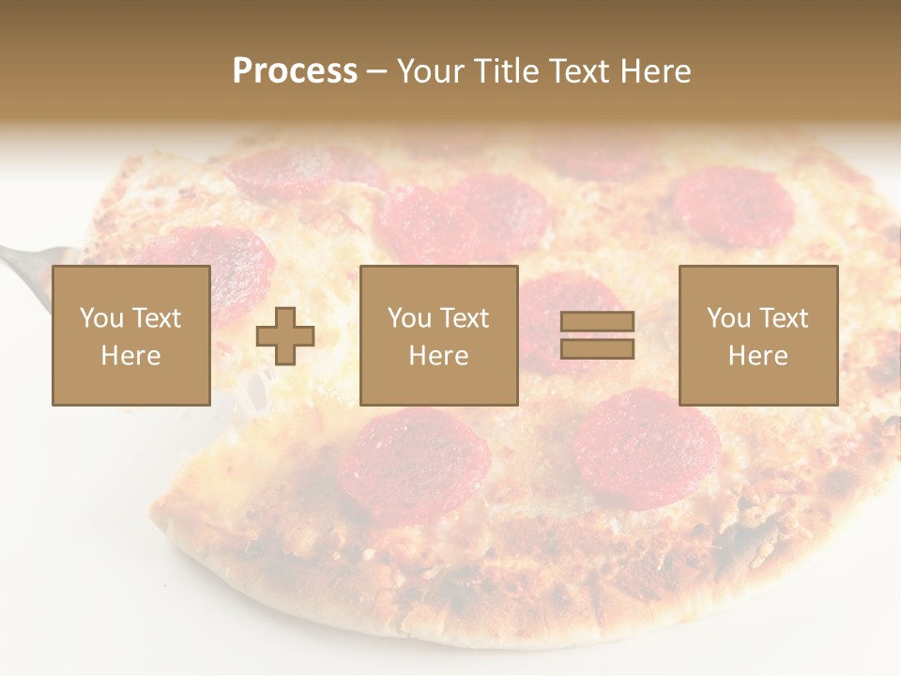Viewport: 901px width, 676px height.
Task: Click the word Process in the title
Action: click(x=295, y=71)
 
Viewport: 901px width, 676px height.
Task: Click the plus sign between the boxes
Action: click(x=285, y=335)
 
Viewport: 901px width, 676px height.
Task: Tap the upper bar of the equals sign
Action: click(x=597, y=322)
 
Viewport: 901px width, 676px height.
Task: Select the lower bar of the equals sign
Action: click(x=597, y=348)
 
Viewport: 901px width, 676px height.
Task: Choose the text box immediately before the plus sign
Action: click(x=131, y=335)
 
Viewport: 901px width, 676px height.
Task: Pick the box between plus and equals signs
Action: click(x=439, y=335)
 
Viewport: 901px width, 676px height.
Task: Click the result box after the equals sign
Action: click(x=758, y=335)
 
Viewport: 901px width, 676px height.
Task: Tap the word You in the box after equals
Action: click(x=728, y=318)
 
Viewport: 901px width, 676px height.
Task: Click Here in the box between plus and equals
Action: click(x=439, y=356)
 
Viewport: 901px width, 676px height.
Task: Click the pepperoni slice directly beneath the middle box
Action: click(x=415, y=465)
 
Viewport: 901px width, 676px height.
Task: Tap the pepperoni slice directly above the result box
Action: click(x=733, y=207)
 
